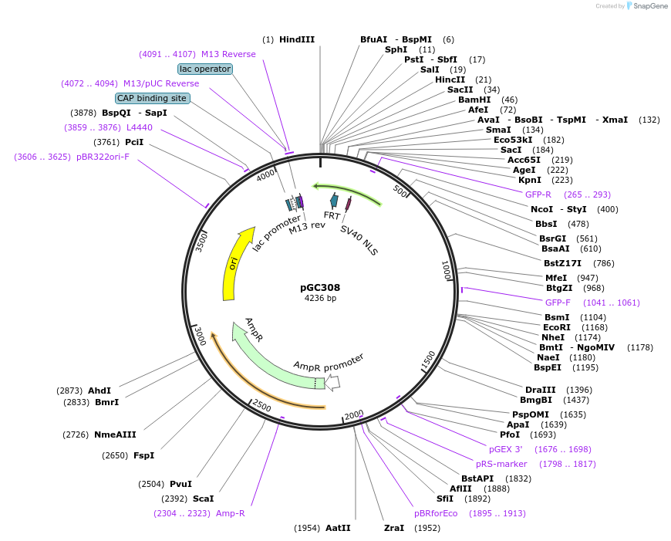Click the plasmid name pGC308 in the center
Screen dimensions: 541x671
point(320,287)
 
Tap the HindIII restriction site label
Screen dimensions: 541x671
point(297,39)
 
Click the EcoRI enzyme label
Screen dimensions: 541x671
point(557,327)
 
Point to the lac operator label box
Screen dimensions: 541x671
point(205,69)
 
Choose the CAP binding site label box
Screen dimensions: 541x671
point(152,98)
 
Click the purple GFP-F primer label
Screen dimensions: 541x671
point(558,303)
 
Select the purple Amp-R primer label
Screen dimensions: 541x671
point(231,513)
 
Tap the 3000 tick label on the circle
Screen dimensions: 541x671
point(200,336)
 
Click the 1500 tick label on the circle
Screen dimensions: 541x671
point(428,360)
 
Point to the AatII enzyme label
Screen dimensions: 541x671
point(338,528)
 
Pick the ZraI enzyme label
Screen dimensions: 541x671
point(394,528)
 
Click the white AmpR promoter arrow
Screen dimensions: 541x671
point(332,381)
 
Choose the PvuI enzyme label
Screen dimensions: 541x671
point(180,484)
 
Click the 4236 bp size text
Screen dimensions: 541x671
point(320,298)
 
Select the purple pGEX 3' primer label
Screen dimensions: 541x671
point(505,448)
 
